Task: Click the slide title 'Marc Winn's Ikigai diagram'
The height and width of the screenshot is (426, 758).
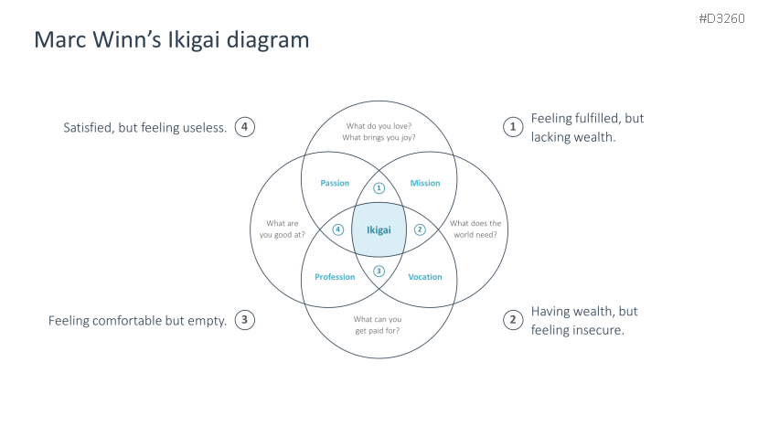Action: point(171,40)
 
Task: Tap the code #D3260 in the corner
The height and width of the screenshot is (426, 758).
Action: point(721,18)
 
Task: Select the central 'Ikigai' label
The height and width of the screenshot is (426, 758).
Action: point(379,229)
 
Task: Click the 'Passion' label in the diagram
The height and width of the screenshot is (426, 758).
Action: point(335,183)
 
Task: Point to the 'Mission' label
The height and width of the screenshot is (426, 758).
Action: point(424,183)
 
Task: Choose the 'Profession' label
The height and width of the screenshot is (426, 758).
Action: point(335,277)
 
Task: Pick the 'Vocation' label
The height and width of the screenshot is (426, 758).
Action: point(424,277)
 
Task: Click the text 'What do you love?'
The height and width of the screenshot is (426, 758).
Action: point(379,126)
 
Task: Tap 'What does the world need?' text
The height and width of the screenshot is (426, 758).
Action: point(474,229)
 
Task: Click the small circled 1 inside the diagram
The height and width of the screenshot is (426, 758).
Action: point(379,188)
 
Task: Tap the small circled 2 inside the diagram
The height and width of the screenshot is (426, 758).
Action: point(421,229)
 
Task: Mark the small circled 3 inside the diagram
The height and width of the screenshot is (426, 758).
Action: point(379,271)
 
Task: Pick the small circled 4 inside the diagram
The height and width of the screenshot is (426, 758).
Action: point(337,229)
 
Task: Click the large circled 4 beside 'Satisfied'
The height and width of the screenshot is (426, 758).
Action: point(245,127)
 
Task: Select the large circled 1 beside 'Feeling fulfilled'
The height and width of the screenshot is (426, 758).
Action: point(514,127)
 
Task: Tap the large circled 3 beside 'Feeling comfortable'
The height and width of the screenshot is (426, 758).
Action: point(245,320)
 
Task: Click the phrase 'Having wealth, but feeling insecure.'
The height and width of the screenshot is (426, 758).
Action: point(577,320)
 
